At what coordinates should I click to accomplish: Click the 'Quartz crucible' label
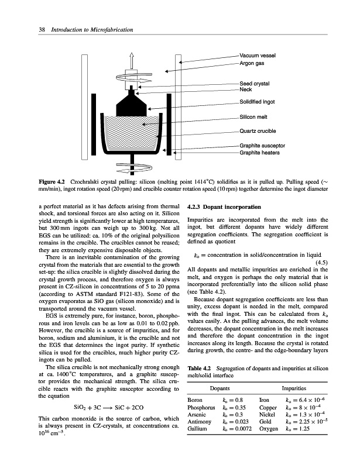click(x=258, y=130)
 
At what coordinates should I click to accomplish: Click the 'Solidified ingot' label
click(x=257, y=102)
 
